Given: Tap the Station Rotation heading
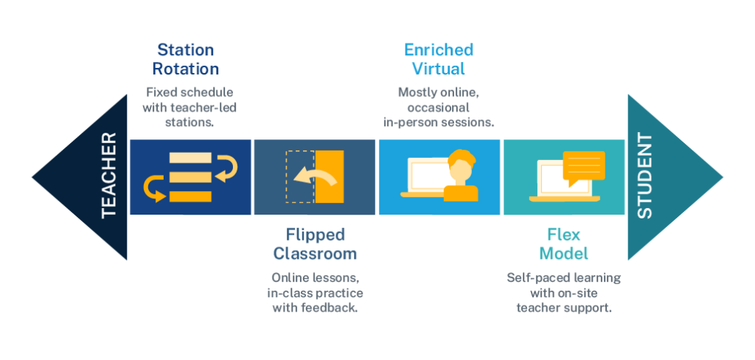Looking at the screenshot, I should (185, 60).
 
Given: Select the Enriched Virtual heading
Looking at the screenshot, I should (439, 60).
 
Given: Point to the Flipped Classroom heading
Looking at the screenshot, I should (315, 244).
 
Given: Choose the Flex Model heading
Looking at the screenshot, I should (563, 244).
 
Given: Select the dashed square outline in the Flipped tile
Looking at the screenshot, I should (298, 177).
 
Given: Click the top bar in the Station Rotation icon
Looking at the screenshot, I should (189, 158).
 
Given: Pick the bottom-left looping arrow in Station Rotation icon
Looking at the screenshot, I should (153, 187).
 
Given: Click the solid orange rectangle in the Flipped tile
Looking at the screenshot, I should (329, 177).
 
